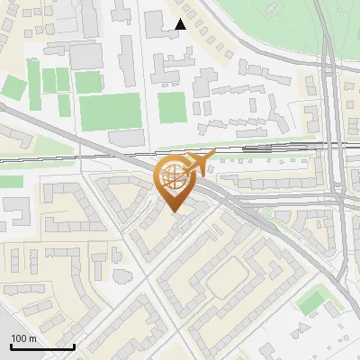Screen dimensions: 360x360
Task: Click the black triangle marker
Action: click(181, 25)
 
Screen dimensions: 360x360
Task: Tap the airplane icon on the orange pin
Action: click(200, 163)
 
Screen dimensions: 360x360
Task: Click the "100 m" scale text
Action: click(23, 338)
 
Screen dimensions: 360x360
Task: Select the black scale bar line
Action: click(42, 346)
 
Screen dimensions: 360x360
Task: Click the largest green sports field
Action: click(109, 112)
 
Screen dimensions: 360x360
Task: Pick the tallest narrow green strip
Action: click(34, 79)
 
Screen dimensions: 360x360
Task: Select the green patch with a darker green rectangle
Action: click(312, 301)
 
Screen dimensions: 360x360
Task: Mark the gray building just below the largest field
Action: click(126, 138)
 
